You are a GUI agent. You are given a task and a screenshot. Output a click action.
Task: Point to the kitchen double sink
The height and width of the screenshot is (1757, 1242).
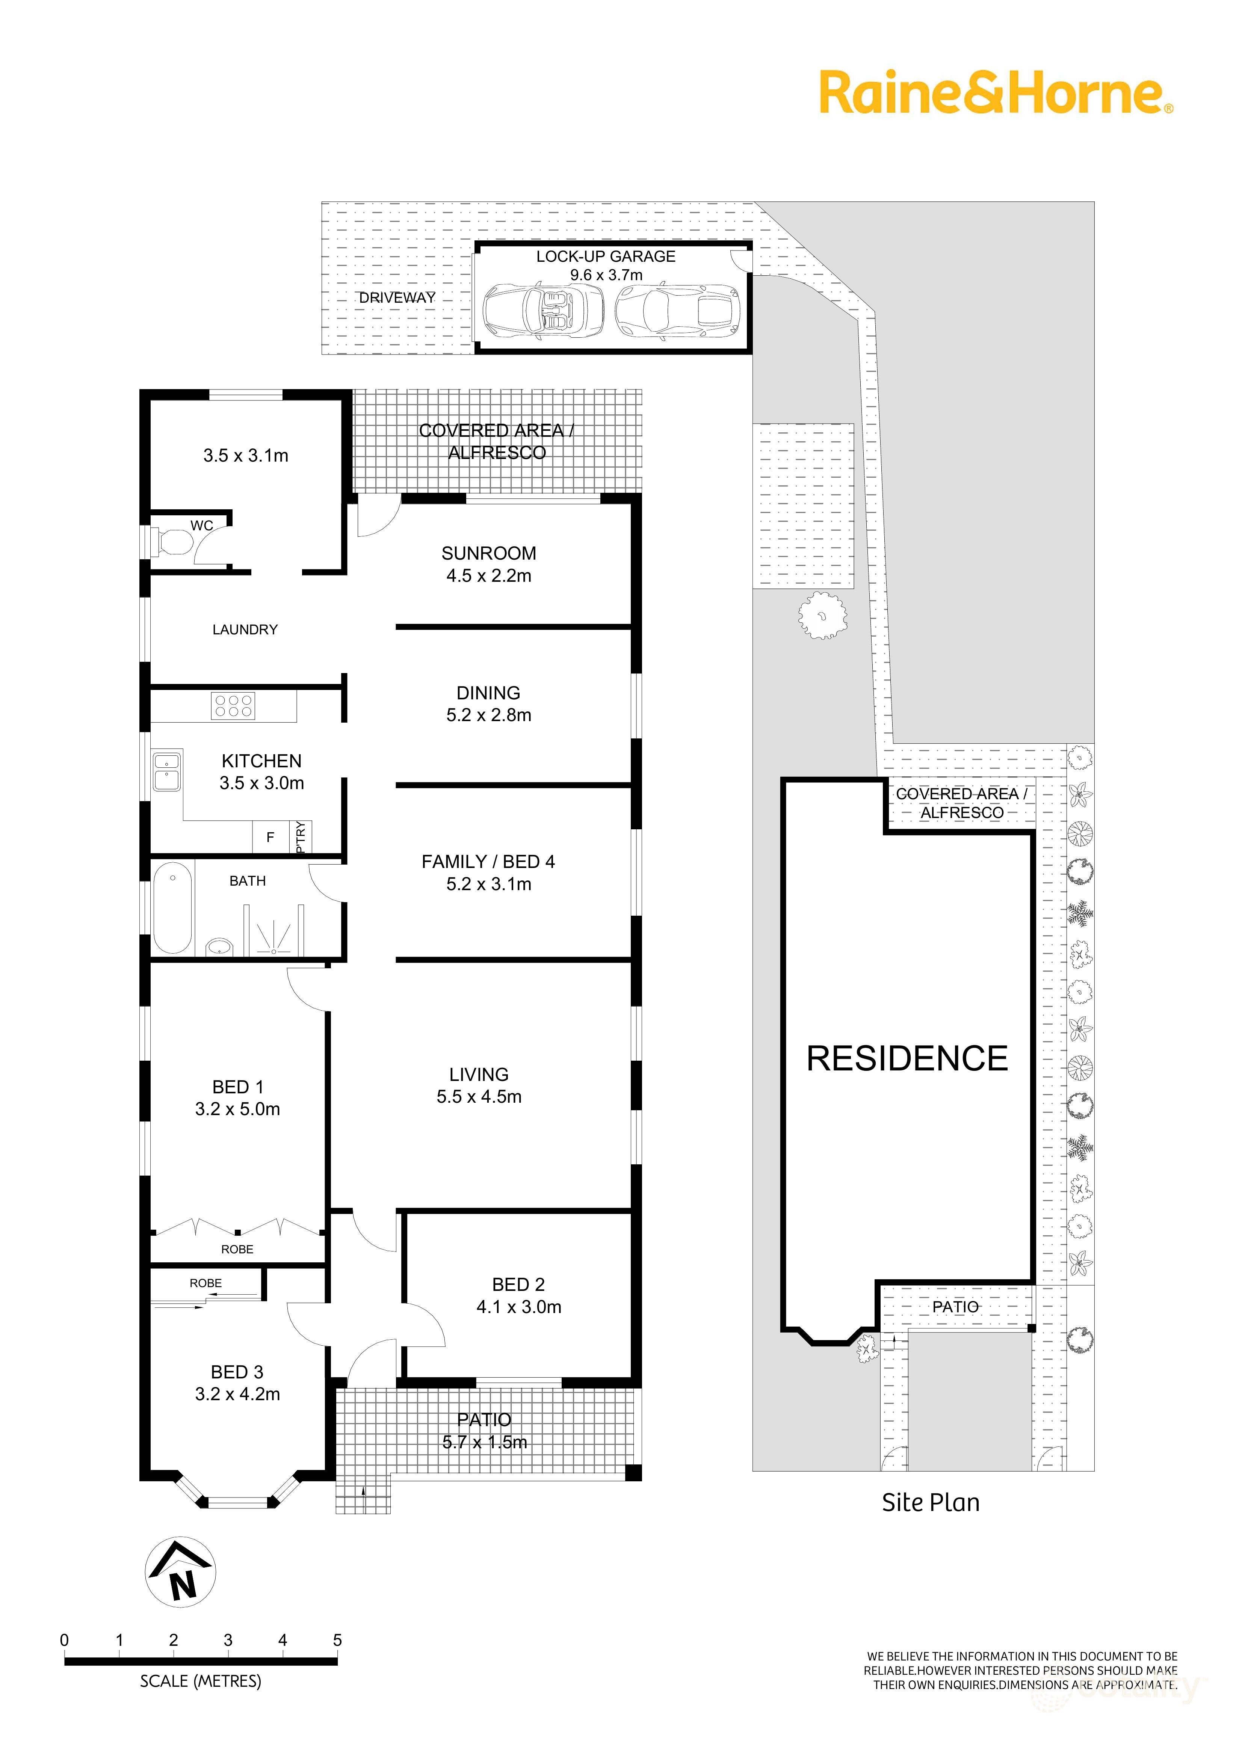[x=167, y=771]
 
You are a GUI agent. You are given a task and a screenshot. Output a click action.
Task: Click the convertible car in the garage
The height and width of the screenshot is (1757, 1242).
[x=543, y=310]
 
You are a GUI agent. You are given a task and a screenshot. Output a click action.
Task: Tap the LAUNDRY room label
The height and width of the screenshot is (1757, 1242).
[x=245, y=630]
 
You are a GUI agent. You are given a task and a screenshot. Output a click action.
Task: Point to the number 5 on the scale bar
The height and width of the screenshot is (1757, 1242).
[x=337, y=1640]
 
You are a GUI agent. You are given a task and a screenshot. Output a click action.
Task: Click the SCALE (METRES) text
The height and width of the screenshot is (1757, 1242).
[x=201, y=1681]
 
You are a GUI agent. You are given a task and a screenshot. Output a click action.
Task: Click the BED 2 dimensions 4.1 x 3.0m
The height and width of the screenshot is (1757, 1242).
[x=519, y=1307]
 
